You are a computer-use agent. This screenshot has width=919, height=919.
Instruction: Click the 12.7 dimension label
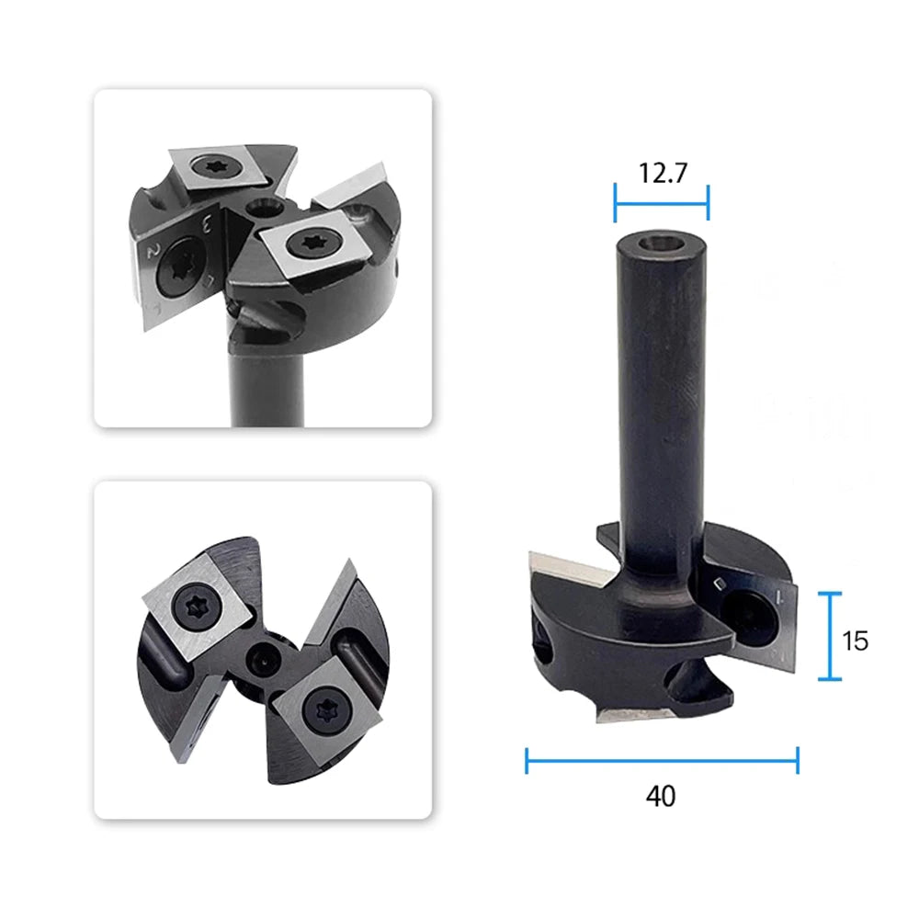(x=663, y=173)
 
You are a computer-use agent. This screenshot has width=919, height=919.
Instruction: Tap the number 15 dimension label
(x=855, y=641)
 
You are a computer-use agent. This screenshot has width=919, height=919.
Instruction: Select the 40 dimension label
(x=661, y=796)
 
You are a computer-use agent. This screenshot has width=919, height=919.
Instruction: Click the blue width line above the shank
(x=662, y=203)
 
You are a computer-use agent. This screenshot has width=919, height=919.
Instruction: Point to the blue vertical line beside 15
(x=830, y=636)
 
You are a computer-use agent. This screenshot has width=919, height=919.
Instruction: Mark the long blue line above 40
(x=663, y=760)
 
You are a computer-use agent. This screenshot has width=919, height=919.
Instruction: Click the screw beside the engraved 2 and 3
(x=179, y=267)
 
